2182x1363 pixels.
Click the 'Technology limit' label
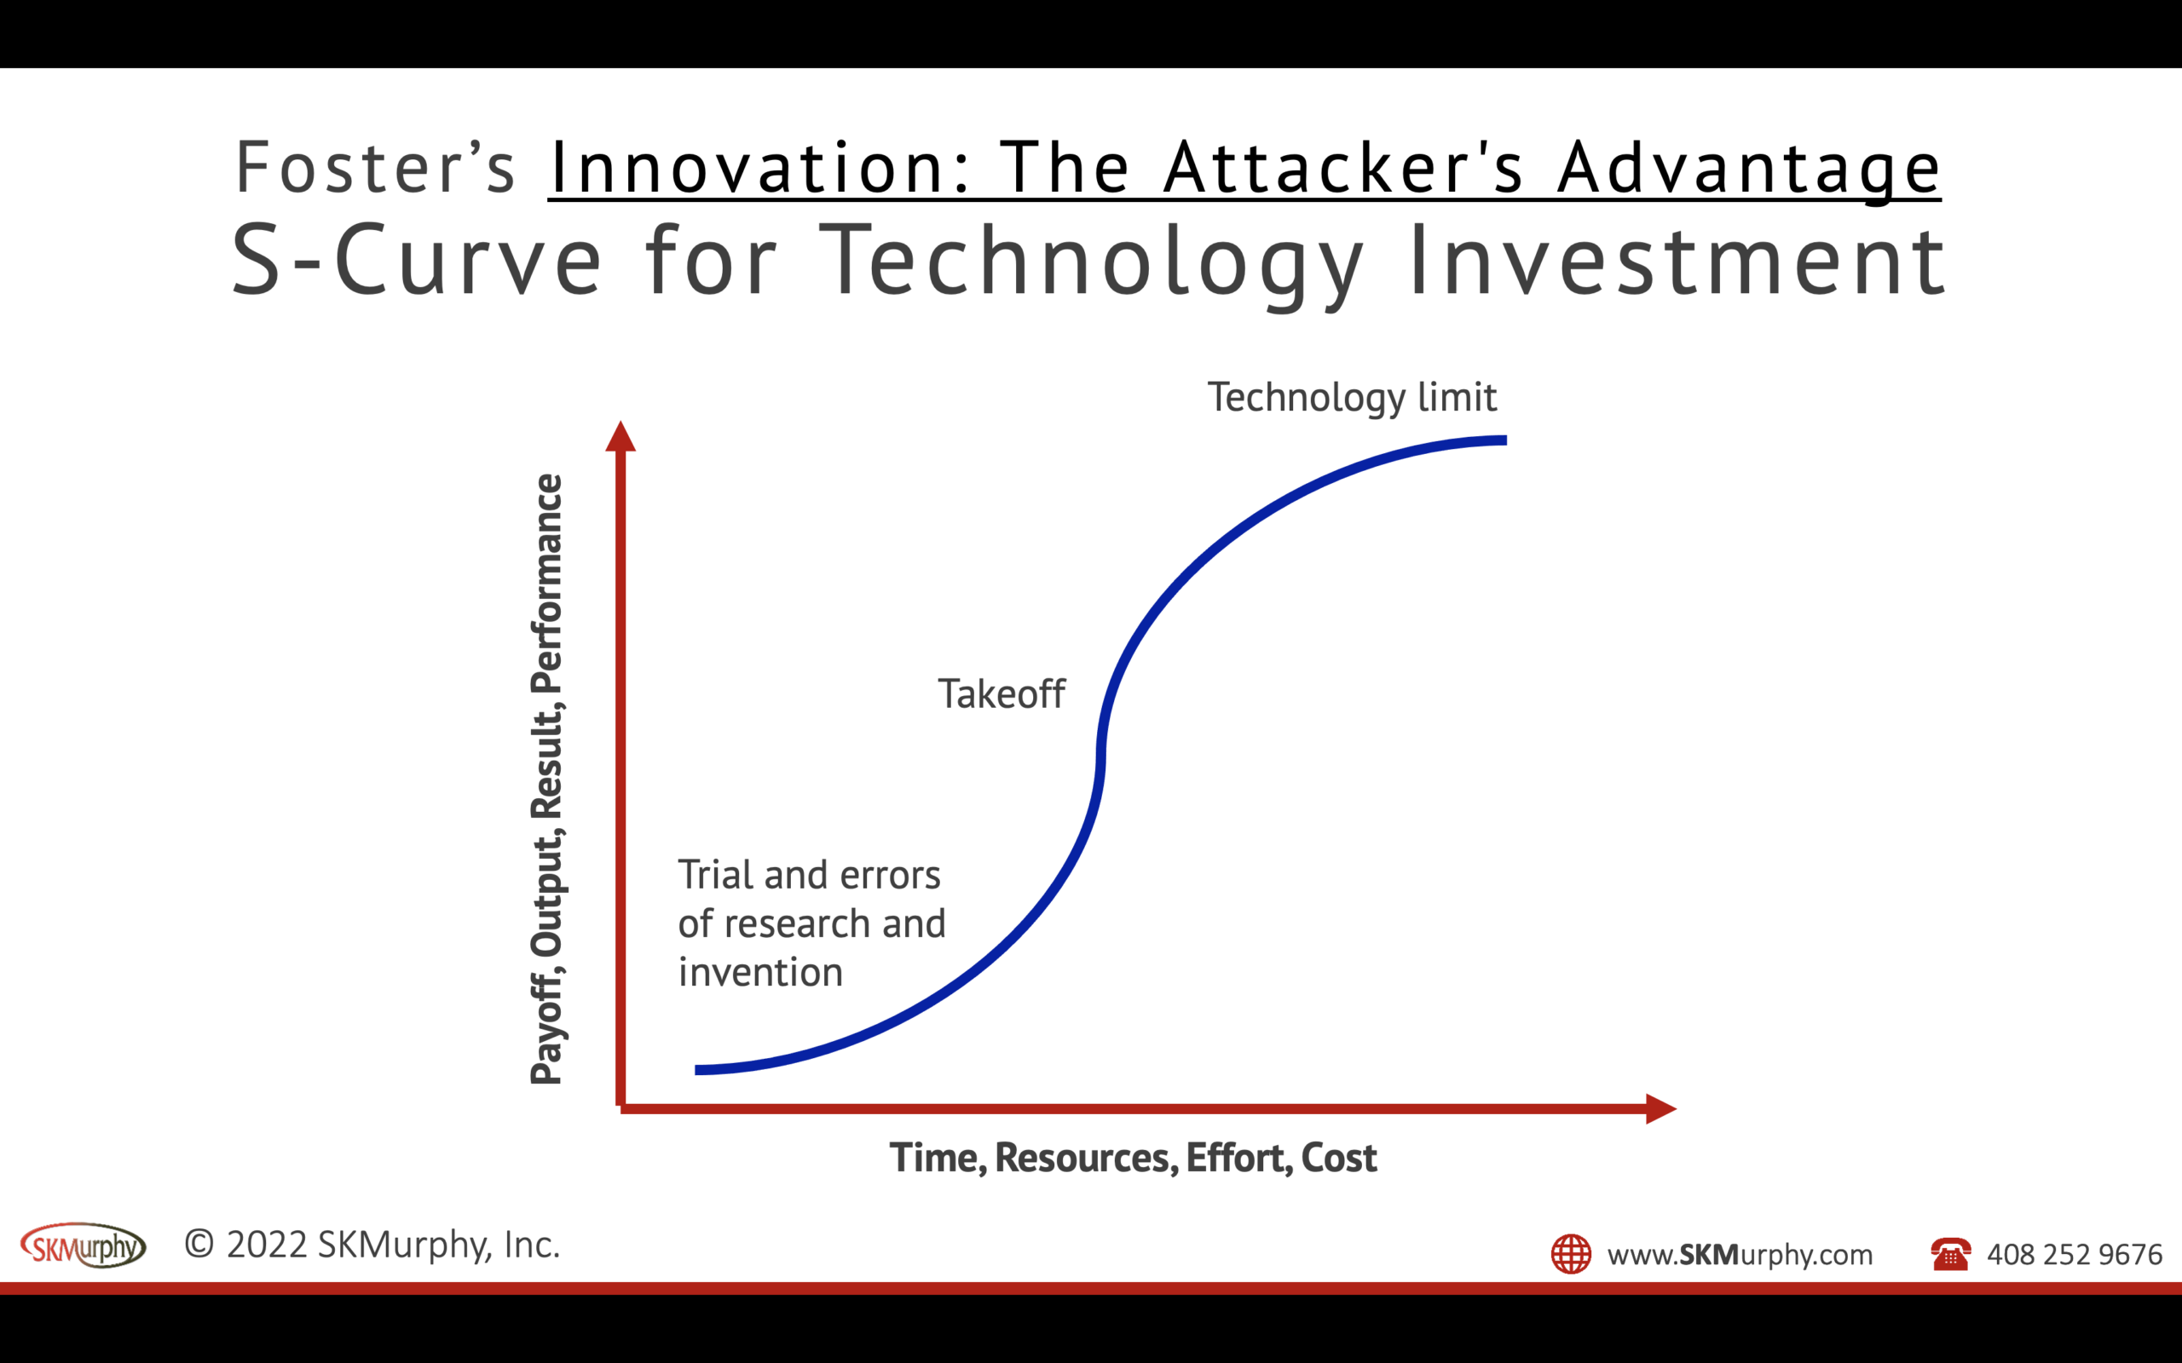pyautogui.click(x=1352, y=398)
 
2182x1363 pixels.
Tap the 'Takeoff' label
pyautogui.click(x=1001, y=694)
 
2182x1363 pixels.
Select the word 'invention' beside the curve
pyautogui.click(x=760, y=973)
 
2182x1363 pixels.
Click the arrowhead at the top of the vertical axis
pyautogui.click(x=621, y=437)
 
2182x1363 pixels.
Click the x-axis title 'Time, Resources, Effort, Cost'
pyautogui.click(x=1133, y=1159)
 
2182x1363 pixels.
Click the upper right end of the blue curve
pyautogui.click(x=1501, y=440)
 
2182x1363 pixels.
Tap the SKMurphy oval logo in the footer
pyautogui.click(x=83, y=1246)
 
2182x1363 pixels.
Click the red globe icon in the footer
pyautogui.click(x=1571, y=1254)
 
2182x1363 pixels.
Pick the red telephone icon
pyautogui.click(x=1949, y=1254)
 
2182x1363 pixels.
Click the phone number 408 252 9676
pyautogui.click(x=2074, y=1255)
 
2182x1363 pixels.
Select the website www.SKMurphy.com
pyautogui.click(x=1740, y=1255)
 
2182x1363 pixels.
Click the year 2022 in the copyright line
pyautogui.click(x=267, y=1245)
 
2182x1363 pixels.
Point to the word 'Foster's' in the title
pyautogui.click(x=374, y=168)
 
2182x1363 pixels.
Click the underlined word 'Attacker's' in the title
pyautogui.click(x=1342, y=168)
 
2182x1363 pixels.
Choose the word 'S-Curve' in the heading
pyautogui.click(x=416, y=261)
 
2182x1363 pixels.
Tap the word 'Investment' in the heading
pyautogui.click(x=1677, y=261)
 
